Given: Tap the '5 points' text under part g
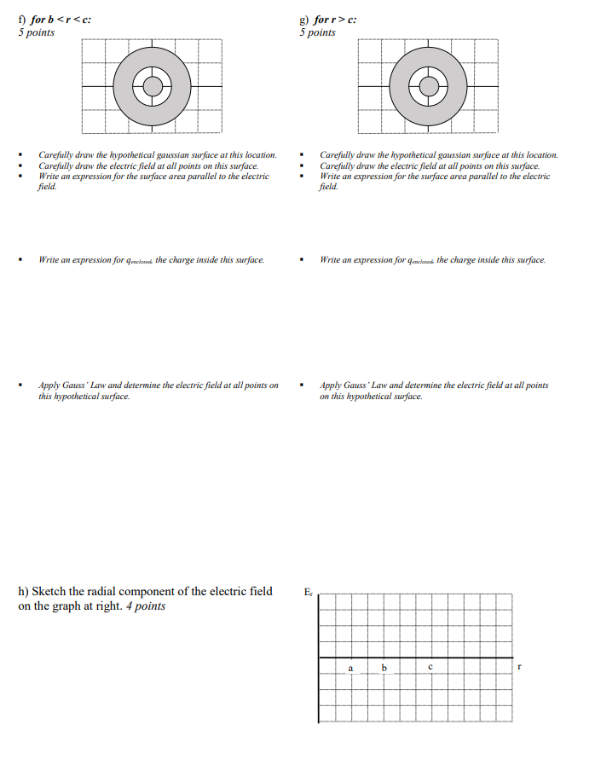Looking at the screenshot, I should pyautogui.click(x=317, y=32).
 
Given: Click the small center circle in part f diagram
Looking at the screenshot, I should pyautogui.click(x=152, y=86).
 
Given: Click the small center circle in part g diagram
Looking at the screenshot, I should pyautogui.click(x=428, y=86).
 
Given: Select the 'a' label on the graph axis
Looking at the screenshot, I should pyautogui.click(x=349, y=668).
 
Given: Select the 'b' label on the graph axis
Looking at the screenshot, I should pyautogui.click(x=384, y=668).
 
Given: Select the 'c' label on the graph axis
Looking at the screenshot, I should pyautogui.click(x=430, y=668).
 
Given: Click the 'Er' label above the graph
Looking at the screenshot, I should pyautogui.click(x=309, y=592).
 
